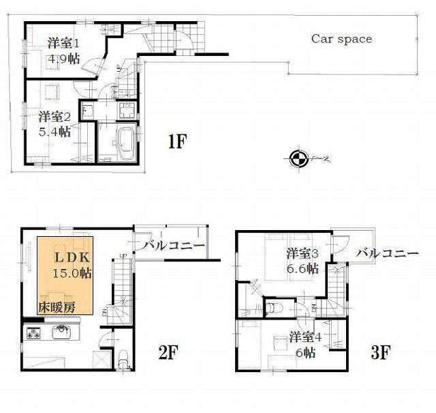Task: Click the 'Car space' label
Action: tap(341, 39)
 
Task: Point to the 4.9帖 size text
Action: tap(63, 59)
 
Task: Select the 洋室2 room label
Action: tap(55, 116)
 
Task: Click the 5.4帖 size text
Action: tap(55, 132)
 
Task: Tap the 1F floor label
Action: tap(177, 142)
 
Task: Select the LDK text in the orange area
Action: tap(69, 258)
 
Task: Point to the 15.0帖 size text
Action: tap(72, 273)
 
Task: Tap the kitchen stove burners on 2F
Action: tap(35, 334)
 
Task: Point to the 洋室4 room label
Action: tap(303, 337)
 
